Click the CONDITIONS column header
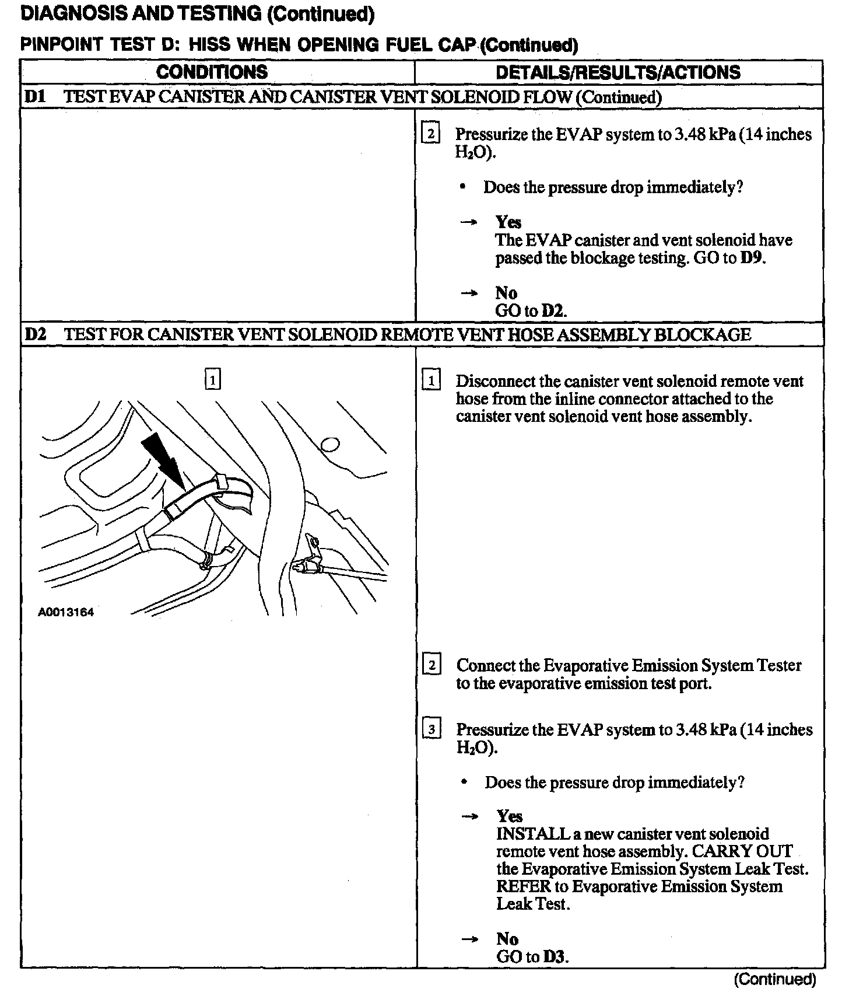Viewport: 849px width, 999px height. coord(212,72)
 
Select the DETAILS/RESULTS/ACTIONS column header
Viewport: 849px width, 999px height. coord(618,72)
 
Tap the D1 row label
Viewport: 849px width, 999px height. coord(36,97)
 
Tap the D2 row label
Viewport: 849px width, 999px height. coord(36,334)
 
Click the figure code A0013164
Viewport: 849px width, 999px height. coord(66,612)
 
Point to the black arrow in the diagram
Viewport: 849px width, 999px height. coord(165,457)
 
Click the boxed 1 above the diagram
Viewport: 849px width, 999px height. coord(213,380)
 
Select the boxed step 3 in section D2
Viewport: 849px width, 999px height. coord(431,729)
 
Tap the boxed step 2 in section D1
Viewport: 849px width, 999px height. coord(430,134)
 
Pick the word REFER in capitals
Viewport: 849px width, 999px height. coord(523,886)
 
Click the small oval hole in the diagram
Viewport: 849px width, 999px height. coord(330,445)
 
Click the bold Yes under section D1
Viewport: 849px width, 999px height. coord(508,222)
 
